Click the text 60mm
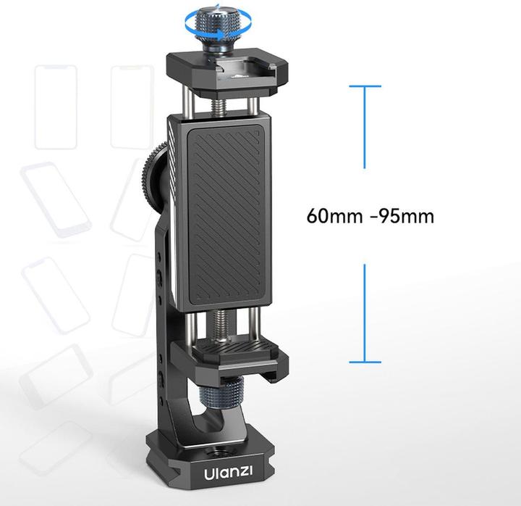coord(335,216)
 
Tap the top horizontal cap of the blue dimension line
coord(365,86)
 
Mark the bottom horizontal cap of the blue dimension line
coord(365,362)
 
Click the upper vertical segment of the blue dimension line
coord(365,128)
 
